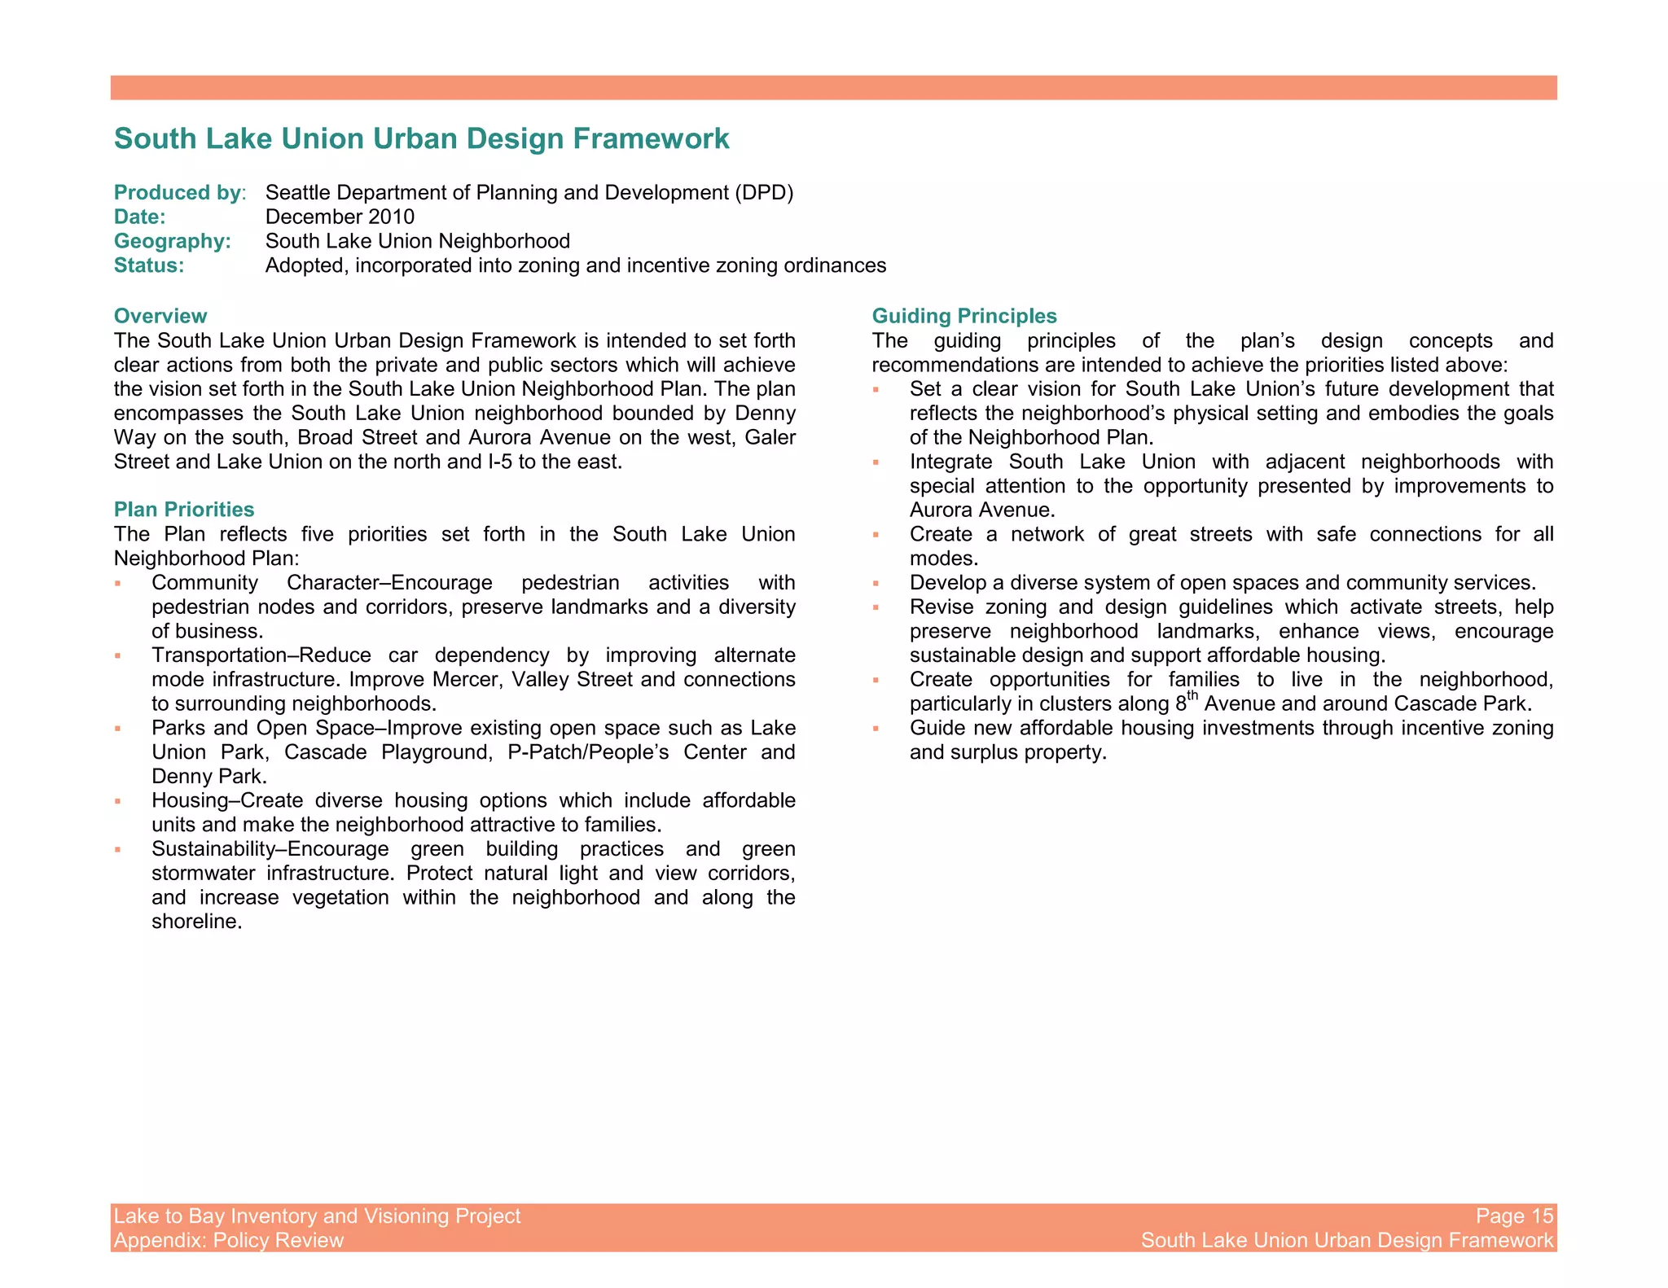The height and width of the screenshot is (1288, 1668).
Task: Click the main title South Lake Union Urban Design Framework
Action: pos(421,138)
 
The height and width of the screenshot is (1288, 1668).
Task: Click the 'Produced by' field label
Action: pos(178,193)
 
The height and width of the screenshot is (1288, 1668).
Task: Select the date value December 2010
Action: pos(340,217)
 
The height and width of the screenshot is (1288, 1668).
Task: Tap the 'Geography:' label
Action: pos(172,242)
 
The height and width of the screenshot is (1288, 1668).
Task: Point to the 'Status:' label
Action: pos(149,266)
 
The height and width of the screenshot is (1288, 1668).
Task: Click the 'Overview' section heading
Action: pos(160,316)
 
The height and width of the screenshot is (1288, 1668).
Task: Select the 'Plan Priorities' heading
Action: pos(184,510)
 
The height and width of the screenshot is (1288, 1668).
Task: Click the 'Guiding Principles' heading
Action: pos(963,316)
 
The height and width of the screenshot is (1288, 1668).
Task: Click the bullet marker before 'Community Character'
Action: pos(118,584)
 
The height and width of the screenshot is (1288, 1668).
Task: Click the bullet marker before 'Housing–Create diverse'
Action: pos(118,802)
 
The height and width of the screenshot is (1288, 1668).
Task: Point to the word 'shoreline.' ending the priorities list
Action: pos(197,922)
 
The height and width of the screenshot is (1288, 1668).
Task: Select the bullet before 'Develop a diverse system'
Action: pos(876,584)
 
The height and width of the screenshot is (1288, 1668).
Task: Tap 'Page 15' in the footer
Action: pos(1514,1216)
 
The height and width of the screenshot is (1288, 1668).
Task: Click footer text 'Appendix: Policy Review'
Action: pos(228,1241)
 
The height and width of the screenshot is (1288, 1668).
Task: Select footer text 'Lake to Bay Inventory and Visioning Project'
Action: pos(317,1216)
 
